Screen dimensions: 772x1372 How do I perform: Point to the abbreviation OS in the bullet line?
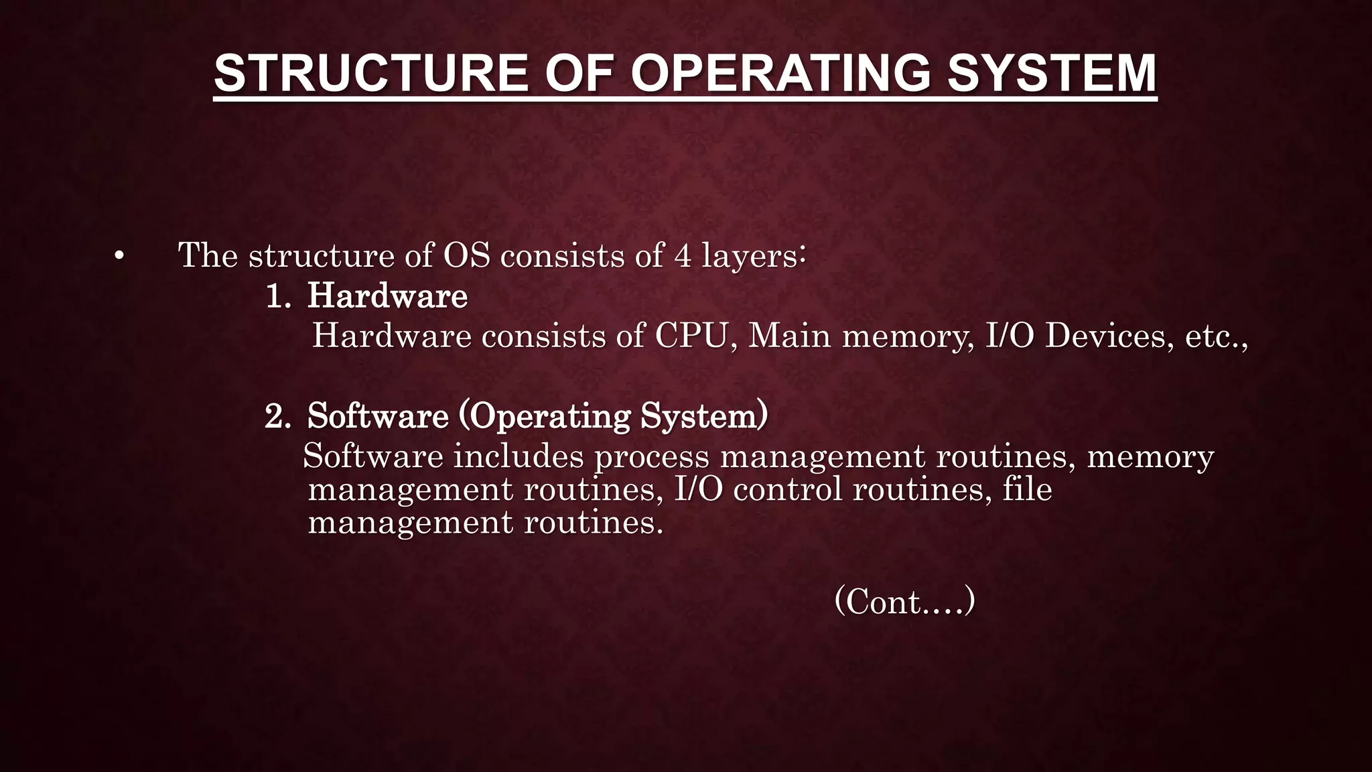466,255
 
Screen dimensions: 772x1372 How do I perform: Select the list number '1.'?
278,296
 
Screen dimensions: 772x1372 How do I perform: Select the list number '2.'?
278,416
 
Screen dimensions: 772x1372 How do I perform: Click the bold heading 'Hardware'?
387,296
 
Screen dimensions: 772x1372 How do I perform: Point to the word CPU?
691,336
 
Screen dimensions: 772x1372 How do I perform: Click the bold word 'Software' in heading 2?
378,416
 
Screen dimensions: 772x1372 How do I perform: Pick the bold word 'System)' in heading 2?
704,416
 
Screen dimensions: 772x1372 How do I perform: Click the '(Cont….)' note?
904,601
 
